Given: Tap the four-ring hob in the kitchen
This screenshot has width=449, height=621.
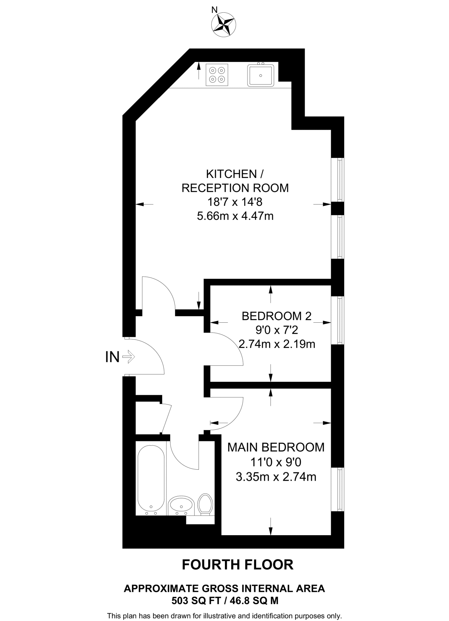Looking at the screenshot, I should [217, 75].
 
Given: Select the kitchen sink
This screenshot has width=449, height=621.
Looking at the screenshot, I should [260, 76].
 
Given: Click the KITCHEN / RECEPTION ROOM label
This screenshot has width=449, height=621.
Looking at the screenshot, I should [235, 181].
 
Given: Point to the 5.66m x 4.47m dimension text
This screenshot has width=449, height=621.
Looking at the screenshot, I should [235, 216].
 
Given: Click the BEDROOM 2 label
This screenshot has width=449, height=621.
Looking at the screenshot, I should [276, 316].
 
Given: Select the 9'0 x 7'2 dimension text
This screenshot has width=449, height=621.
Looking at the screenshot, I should [276, 330].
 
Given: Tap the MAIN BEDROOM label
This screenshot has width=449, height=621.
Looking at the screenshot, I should [276, 447].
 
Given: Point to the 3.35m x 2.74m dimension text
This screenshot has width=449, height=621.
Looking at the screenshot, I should [276, 477].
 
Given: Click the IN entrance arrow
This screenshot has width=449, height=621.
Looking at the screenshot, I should [128, 357].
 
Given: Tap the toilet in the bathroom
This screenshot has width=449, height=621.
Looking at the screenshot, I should [205, 504].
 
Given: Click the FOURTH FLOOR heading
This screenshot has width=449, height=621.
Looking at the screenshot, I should [237, 565].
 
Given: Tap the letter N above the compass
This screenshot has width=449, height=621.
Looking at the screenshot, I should [214, 10].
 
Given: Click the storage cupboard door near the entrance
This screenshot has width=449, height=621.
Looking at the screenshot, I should [166, 419].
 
